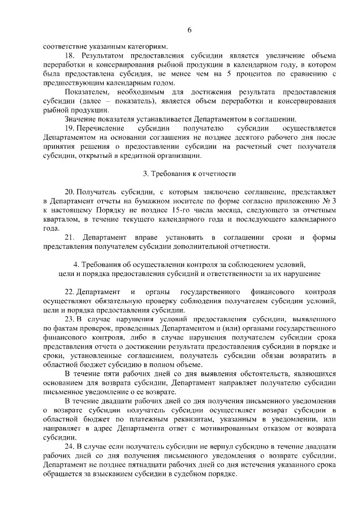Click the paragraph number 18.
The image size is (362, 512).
pos(70,56)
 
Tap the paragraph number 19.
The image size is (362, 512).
pos(70,128)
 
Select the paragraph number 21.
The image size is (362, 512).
pos(70,237)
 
